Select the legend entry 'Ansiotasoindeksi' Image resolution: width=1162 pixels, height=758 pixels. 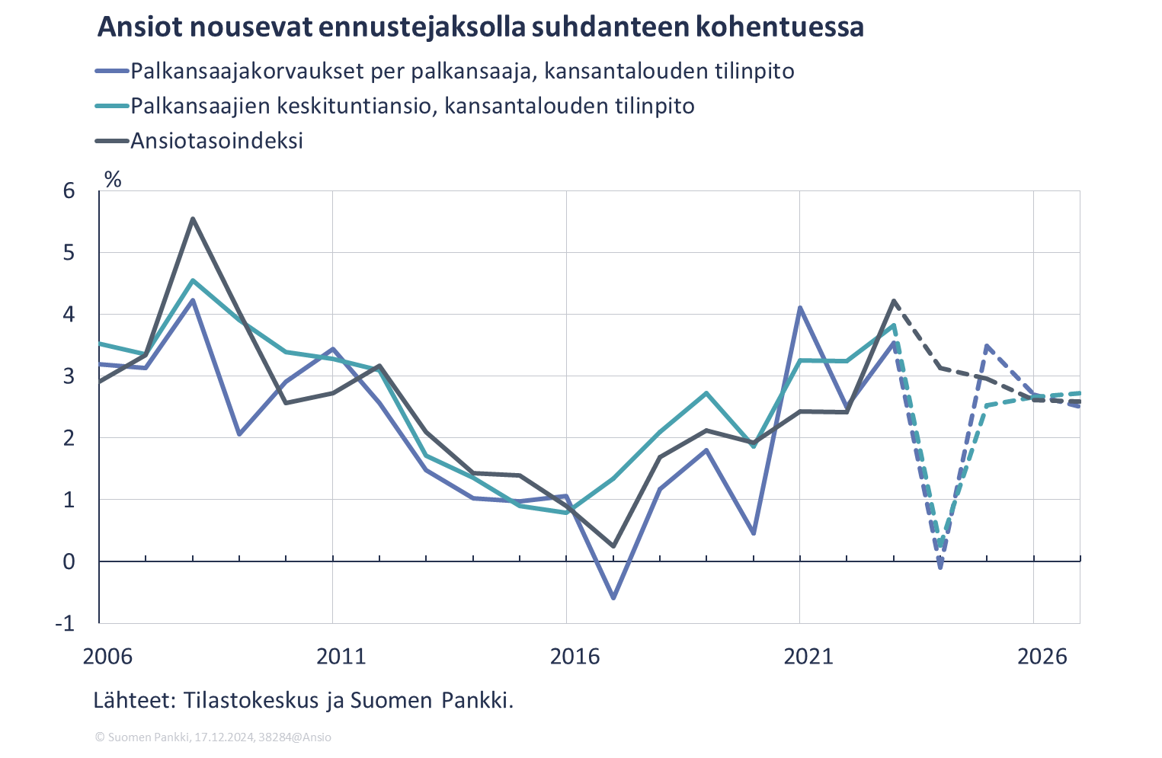pyautogui.click(x=216, y=141)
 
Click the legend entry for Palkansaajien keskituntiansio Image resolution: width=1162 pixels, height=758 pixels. pyautogui.click(x=411, y=106)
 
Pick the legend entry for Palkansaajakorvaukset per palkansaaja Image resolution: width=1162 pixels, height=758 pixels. pyautogui.click(x=462, y=72)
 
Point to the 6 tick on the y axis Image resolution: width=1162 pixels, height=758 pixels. pyautogui.click(x=69, y=190)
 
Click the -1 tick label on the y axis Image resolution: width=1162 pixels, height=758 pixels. pyautogui.click(x=65, y=624)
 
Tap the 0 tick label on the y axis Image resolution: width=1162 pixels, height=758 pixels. pyautogui.click(x=69, y=562)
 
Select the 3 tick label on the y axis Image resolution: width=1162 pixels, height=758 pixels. pyautogui.click(x=69, y=376)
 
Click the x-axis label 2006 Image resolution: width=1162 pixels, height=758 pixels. pyautogui.click(x=108, y=657)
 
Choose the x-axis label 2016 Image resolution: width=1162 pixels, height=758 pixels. pyautogui.click(x=575, y=657)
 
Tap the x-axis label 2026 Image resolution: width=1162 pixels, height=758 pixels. pyautogui.click(x=1042, y=657)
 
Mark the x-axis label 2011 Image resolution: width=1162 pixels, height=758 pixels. pyautogui.click(x=341, y=657)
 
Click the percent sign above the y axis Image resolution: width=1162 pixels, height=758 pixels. pyautogui.click(x=113, y=180)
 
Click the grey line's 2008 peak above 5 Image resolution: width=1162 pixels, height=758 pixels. pyautogui.click(x=193, y=219)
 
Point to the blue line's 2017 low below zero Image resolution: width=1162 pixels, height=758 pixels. pyautogui.click(x=613, y=598)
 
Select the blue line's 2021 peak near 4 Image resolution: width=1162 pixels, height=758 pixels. pyautogui.click(x=800, y=308)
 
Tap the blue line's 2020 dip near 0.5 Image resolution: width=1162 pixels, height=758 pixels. pyautogui.click(x=754, y=533)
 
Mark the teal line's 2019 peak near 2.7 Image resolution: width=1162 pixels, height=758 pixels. pyautogui.click(x=706, y=393)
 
